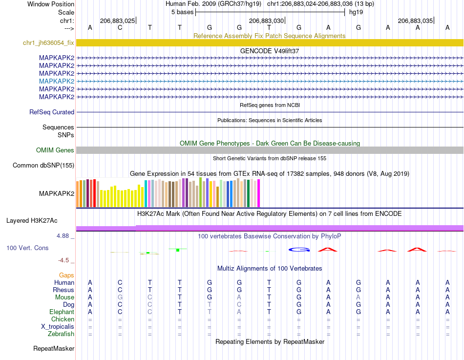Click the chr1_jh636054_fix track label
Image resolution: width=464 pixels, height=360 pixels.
tap(48, 42)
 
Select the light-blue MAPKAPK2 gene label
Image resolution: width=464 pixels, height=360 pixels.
tap(57, 81)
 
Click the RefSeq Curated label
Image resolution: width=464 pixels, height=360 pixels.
tap(52, 112)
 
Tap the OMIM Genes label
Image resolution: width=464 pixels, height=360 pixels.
tap(55, 150)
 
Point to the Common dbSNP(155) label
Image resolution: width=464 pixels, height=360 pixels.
tap(43, 165)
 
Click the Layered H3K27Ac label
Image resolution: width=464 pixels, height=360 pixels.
tap(32, 221)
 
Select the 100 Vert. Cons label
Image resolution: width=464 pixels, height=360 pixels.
tap(27, 248)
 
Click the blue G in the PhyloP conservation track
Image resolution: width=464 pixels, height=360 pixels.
tap(299, 250)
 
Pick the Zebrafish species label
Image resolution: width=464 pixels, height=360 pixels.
tap(61, 334)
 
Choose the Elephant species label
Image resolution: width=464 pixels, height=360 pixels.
tap(62, 312)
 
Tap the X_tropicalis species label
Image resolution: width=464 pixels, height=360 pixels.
tap(58, 327)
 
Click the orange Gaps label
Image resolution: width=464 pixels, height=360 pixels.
tap(66, 275)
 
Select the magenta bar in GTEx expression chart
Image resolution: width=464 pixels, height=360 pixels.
tap(259, 193)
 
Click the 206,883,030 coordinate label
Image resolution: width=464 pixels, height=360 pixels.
tap(266, 21)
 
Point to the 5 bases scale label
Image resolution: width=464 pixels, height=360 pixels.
tap(182, 12)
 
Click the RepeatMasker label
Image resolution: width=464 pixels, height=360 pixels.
tap(54, 348)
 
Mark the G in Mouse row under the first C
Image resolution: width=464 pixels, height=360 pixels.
tap(120, 297)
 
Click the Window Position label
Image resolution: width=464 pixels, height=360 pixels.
tap(51, 4)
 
